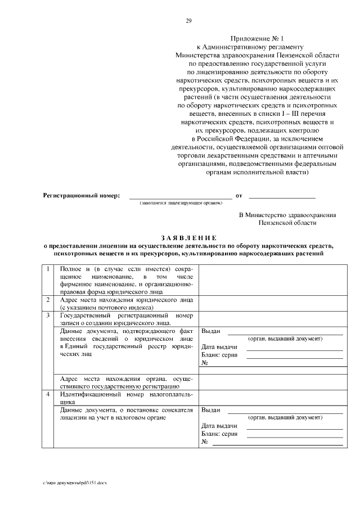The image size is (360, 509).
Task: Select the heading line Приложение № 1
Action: (x=258, y=38)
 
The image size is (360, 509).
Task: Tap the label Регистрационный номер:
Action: (x=82, y=195)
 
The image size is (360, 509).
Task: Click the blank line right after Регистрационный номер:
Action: (x=181, y=196)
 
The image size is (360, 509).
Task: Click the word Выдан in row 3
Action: (x=211, y=331)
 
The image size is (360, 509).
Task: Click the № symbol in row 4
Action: (x=205, y=442)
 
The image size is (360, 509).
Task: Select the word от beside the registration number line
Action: (x=238, y=195)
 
